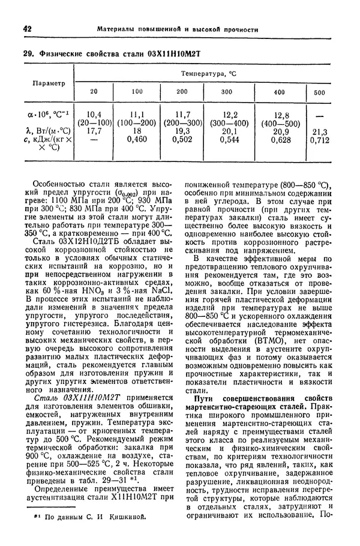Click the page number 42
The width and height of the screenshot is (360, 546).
(26, 29)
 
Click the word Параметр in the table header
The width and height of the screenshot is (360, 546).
(49, 83)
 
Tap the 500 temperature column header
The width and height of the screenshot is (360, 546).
(319, 92)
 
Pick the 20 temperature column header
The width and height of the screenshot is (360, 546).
(93, 91)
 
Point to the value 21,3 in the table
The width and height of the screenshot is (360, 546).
(320, 131)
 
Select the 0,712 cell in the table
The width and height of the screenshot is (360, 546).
(320, 140)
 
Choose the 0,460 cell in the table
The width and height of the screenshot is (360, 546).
(137, 140)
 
